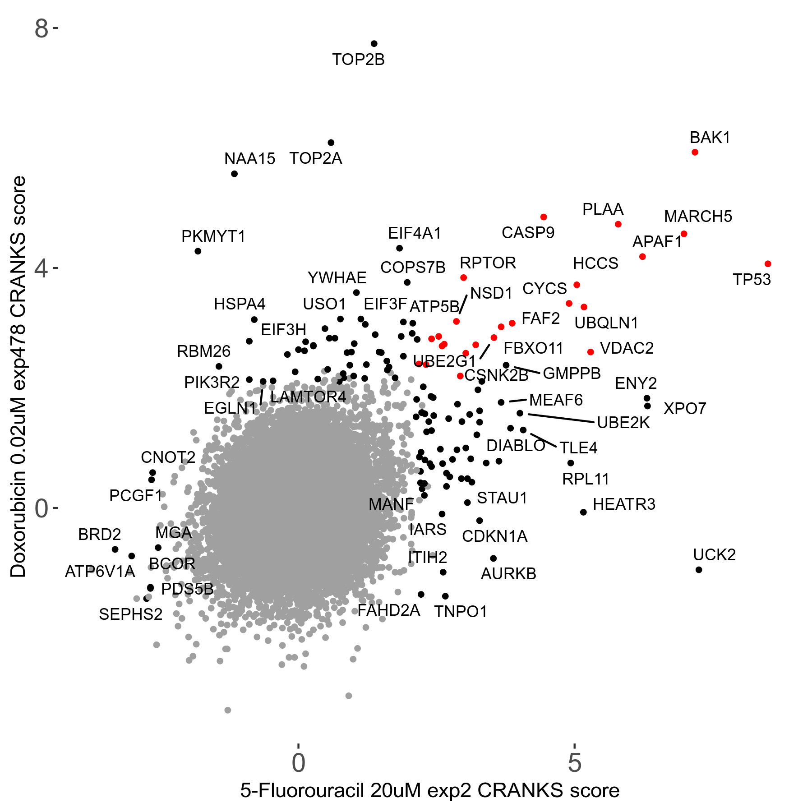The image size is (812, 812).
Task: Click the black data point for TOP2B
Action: tap(374, 44)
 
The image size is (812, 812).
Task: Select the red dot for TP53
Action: tap(768, 264)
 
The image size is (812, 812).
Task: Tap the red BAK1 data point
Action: tap(695, 152)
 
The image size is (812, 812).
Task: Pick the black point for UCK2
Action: tap(699, 570)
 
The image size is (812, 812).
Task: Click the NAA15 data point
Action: tap(234, 174)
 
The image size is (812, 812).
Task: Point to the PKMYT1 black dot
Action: tap(198, 251)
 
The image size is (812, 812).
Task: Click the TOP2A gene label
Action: tap(316, 158)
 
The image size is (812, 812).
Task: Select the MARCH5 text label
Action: tap(698, 217)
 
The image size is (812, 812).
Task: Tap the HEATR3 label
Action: tap(624, 504)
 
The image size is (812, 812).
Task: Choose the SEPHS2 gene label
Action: tap(130, 614)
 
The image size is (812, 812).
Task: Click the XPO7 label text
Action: tap(685, 409)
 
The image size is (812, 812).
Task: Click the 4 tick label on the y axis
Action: tap(41, 269)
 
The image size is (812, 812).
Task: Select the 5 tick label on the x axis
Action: tap(574, 762)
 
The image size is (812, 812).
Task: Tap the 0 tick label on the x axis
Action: tap(299, 762)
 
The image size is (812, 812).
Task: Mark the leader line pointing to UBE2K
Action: tap(561, 418)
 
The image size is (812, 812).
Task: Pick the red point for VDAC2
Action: tap(591, 352)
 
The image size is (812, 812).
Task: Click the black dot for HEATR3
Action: tap(583, 512)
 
